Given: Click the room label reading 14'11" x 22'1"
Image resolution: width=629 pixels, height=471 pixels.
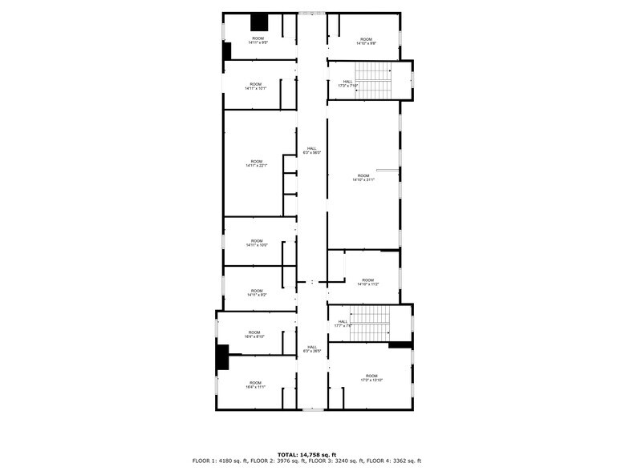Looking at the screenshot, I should pos(257,163).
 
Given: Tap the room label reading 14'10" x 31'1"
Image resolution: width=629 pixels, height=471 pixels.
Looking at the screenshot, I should pos(363,178).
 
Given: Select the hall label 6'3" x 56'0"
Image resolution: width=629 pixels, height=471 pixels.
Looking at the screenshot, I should pos(311,151).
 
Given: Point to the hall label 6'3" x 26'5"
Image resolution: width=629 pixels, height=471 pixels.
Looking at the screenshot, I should pos(311,349).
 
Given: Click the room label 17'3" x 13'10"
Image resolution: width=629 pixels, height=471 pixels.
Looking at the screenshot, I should pos(371,378).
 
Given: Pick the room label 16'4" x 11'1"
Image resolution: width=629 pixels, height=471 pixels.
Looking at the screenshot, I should pos(254,384).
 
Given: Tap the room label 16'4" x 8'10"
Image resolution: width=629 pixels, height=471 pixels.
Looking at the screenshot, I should pos(254,335).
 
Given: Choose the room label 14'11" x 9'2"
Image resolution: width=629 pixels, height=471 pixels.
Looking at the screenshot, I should pos(257,293).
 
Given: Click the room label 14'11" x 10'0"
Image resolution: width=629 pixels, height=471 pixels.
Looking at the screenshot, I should pos(257,243).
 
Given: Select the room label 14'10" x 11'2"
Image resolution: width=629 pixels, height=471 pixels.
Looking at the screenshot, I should pos(367,282).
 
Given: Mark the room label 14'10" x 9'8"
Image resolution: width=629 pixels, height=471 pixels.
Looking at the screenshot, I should pos(366,41).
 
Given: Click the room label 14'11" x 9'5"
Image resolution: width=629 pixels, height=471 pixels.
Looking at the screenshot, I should pos(258,41).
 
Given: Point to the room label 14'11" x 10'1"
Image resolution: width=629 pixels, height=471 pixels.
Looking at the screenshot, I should pos(256,87).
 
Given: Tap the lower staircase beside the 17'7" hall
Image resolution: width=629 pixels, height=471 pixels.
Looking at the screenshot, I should pos(370,324).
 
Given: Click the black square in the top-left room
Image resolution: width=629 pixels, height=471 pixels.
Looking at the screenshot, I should pos(259,23).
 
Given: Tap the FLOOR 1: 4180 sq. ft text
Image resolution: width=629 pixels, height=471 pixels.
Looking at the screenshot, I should pos(220,461).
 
